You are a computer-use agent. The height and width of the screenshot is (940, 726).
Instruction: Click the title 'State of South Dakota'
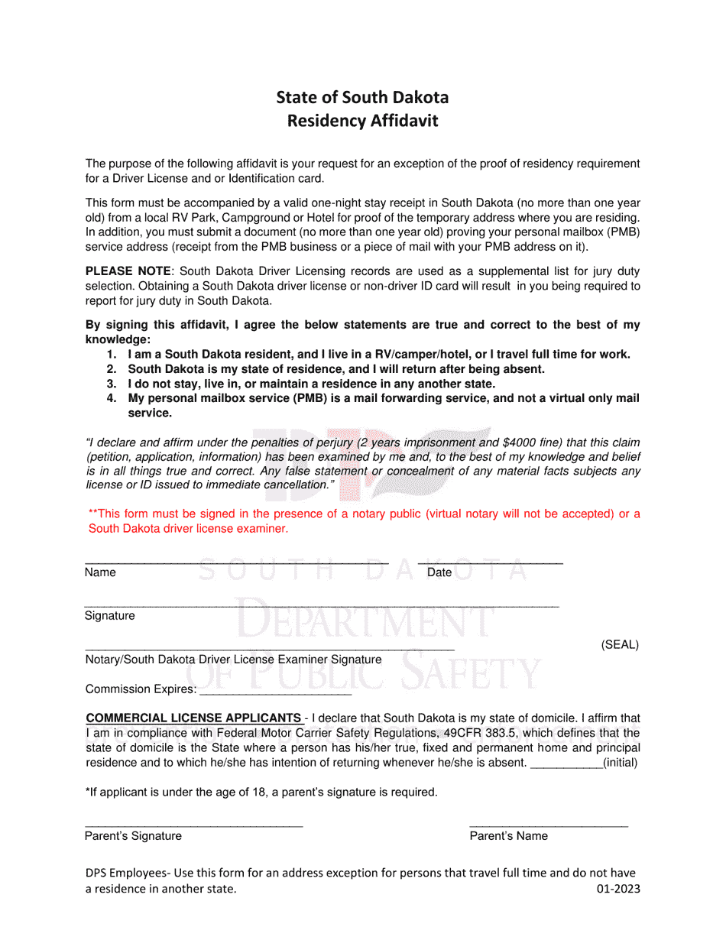click(362, 97)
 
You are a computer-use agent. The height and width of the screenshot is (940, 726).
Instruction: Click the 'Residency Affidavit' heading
click(362, 121)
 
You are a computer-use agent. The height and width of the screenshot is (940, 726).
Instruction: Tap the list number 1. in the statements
click(112, 354)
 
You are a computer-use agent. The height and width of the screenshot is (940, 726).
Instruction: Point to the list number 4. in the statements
click(112, 398)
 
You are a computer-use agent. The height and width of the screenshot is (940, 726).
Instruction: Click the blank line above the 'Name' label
click(237, 563)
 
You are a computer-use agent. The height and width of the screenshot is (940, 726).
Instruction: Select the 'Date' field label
click(439, 572)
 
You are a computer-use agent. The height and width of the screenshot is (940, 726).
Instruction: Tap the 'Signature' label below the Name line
click(109, 615)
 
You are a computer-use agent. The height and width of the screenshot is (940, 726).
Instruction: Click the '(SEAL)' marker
click(619, 644)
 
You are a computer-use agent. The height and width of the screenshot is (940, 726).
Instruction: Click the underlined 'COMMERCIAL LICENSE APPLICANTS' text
click(193, 718)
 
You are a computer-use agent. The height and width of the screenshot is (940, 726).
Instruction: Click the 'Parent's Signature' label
click(133, 835)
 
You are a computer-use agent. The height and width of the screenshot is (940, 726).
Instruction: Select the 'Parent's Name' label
click(508, 835)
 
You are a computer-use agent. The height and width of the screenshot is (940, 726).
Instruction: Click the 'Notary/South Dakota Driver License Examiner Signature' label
click(233, 659)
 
